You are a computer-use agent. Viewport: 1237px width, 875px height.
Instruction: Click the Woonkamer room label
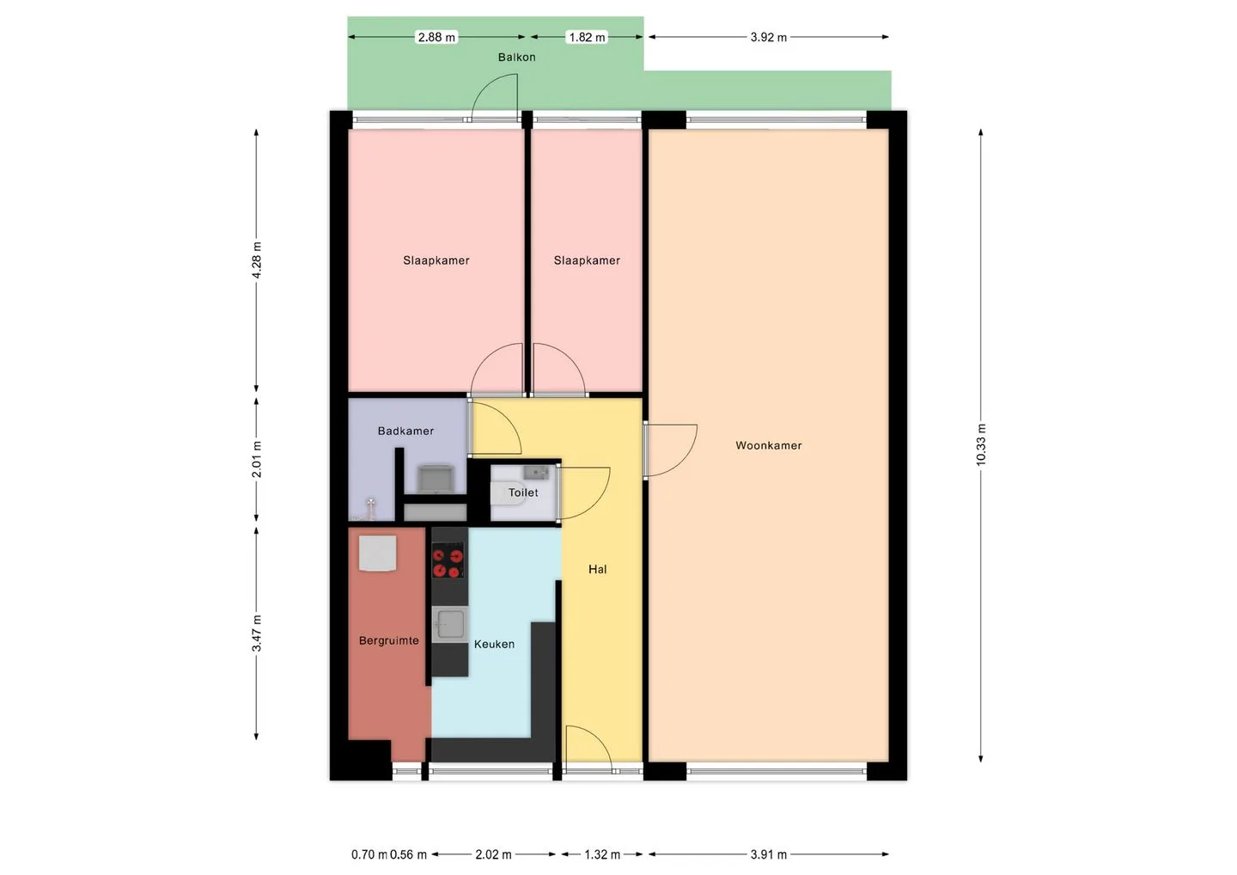click(768, 445)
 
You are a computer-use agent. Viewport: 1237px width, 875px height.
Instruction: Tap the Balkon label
click(516, 57)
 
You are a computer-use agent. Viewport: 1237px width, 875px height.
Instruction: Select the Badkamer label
click(405, 431)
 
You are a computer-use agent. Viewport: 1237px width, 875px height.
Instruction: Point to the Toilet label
click(522, 493)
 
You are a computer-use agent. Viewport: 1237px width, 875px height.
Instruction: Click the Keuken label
click(494, 644)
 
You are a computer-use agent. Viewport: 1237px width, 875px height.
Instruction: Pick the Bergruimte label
click(389, 641)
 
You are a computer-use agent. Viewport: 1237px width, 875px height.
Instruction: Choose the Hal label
click(597, 569)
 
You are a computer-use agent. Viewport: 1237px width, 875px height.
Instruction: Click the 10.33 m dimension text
click(981, 445)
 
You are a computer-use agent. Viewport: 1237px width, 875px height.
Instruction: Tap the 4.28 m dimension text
click(257, 260)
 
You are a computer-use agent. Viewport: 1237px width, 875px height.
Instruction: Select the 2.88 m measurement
click(436, 37)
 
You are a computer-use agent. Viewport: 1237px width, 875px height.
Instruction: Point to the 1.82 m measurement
click(587, 37)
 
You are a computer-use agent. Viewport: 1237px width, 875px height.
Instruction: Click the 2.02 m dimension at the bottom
click(493, 854)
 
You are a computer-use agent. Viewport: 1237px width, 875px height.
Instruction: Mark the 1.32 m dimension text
click(602, 854)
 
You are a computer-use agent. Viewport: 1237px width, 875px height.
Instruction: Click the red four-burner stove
click(448, 560)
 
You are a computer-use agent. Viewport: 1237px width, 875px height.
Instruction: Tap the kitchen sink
click(449, 624)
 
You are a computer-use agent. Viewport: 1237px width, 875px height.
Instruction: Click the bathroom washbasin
click(436, 479)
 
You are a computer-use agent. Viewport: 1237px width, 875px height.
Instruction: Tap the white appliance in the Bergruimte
click(378, 553)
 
